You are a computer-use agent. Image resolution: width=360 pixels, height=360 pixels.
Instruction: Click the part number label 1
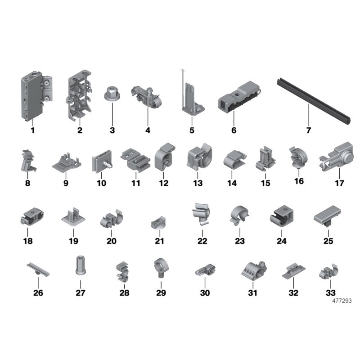pyautogui.click(x=32, y=131)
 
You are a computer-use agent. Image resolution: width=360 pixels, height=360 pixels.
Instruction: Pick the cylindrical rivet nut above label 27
pyautogui.click(x=80, y=265)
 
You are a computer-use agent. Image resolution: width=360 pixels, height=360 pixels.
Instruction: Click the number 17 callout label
pyautogui.click(x=339, y=183)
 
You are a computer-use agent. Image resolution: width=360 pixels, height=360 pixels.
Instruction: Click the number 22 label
pyautogui.click(x=202, y=241)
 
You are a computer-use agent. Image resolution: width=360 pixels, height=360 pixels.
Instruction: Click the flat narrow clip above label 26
pyautogui.click(x=38, y=269)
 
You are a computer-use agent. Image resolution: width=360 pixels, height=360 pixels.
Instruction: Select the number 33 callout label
pyautogui.click(x=330, y=293)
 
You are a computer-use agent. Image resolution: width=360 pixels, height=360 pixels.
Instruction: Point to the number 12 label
pyautogui.click(x=163, y=183)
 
